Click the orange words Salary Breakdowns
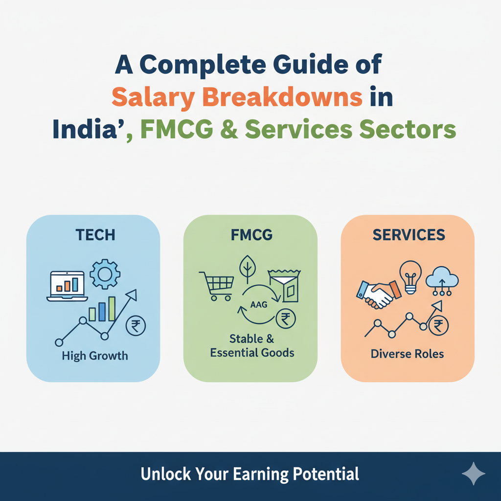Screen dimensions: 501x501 tap(237, 97)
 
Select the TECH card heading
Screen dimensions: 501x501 tap(95, 234)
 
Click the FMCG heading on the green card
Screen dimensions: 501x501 tap(251, 235)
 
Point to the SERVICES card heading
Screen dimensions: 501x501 tap(409, 235)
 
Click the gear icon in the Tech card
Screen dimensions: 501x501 tap(105, 273)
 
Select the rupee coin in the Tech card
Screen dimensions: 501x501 tap(136, 326)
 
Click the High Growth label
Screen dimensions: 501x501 tap(95, 356)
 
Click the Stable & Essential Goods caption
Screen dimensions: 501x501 tap(252, 345)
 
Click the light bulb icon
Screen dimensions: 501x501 tap(410, 277)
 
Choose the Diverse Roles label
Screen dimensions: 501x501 tap(408, 353)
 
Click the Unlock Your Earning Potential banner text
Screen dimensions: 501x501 tap(250, 474)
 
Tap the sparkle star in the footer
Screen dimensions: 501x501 tap(473, 474)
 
